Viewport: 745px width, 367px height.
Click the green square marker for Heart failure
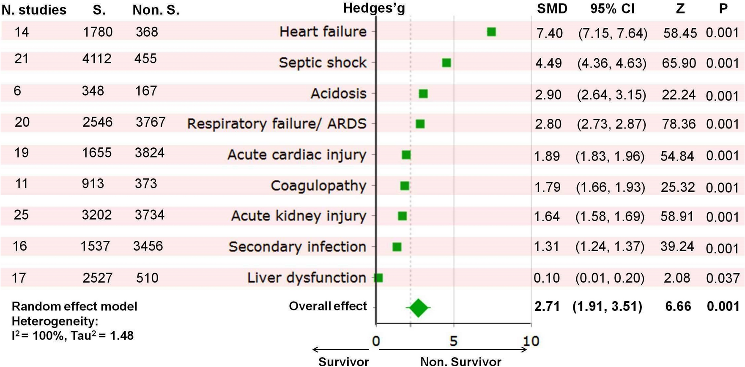pyautogui.click(x=491, y=32)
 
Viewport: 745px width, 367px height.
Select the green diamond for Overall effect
pyautogui.click(x=419, y=307)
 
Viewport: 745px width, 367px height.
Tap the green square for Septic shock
pyautogui.click(x=446, y=63)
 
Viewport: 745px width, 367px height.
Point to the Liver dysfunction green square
pyautogui.click(x=379, y=277)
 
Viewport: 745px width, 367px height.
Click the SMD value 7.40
pyautogui.click(x=549, y=33)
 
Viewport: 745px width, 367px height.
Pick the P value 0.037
pyautogui.click(x=723, y=278)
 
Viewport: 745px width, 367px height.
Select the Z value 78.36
pyautogui.click(x=679, y=124)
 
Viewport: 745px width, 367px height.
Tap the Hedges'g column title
pyautogui.click(x=374, y=8)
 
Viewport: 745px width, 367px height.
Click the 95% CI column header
pyautogui.click(x=612, y=8)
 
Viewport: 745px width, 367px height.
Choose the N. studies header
pyautogui.click(x=34, y=10)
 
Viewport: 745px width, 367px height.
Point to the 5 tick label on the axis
pyautogui.click(x=453, y=341)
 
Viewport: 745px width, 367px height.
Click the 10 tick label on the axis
pyautogui.click(x=531, y=341)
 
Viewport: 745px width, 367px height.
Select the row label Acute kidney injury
pyautogui.click(x=299, y=216)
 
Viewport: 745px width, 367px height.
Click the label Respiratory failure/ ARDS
pyautogui.click(x=277, y=124)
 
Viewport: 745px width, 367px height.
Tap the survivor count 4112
pyautogui.click(x=97, y=58)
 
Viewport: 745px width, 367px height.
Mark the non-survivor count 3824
pyautogui.click(x=149, y=152)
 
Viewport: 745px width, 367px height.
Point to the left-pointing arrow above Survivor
pyautogui.click(x=340, y=350)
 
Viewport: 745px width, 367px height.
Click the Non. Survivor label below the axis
pyautogui.click(x=460, y=362)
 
